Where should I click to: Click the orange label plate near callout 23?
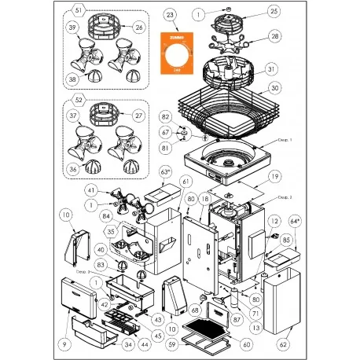pos(175,53)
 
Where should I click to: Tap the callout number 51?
pos(77,10)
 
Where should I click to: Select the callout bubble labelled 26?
pos(139,28)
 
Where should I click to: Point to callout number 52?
pos(77,101)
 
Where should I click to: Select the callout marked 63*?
pos(165,171)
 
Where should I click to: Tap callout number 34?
pos(128,343)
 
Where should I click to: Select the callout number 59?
pos(171,343)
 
